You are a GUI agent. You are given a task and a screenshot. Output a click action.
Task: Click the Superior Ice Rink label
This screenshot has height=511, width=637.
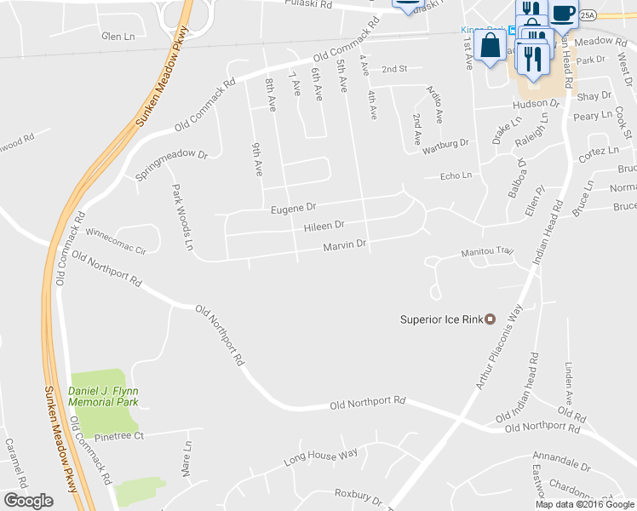(x=441, y=320)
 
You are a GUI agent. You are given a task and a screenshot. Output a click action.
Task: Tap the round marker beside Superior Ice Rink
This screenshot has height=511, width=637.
(x=490, y=319)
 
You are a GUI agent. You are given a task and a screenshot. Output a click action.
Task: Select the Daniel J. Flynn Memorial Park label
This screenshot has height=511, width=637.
(x=103, y=396)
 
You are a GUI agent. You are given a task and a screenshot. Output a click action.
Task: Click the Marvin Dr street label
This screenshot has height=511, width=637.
(x=344, y=245)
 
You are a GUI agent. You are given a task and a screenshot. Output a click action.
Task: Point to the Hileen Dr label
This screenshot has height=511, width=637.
(x=324, y=226)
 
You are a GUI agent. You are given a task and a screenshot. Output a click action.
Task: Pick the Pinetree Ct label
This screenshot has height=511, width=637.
(x=120, y=435)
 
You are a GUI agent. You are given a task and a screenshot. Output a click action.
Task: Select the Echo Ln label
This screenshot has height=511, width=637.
(x=455, y=175)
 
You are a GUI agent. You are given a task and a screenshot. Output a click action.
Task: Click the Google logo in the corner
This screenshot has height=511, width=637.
(x=28, y=501)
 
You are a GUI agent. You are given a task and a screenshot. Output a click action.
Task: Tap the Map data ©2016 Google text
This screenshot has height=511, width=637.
(x=585, y=504)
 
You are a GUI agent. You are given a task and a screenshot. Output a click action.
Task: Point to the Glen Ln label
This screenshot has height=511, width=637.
(x=118, y=37)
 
